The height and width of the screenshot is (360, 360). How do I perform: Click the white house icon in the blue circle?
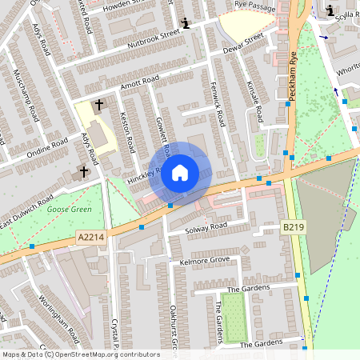click(180, 172)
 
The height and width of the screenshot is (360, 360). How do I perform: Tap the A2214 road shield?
click(91, 237)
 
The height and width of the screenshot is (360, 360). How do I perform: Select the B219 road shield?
click(293, 228)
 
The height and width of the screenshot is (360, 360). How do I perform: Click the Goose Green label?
click(70, 209)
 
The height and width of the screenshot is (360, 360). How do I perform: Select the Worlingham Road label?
click(59, 317)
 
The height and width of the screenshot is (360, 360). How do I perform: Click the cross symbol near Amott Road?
click(100, 105)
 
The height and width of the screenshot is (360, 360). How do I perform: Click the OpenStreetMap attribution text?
click(80, 354)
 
